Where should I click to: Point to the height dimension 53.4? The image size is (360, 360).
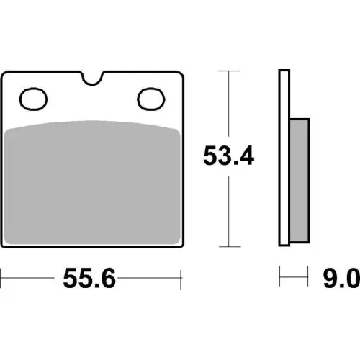coord(228,156)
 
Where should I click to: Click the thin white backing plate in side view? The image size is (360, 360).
coord(283,158)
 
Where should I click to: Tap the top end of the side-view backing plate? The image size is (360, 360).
coord(283,71)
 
